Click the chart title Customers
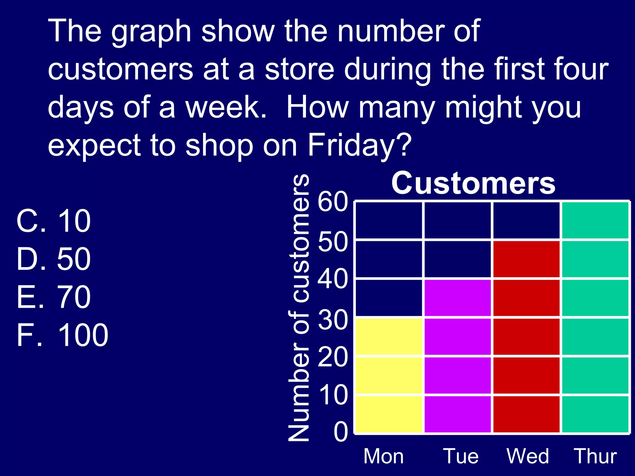click(x=473, y=183)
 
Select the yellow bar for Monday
click(x=389, y=375)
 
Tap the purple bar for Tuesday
click(x=458, y=356)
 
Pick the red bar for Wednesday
click(x=526, y=336)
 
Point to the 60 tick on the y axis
click(x=333, y=202)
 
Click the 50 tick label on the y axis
click(x=333, y=242)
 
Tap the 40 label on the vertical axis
click(x=333, y=279)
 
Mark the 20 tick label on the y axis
click(x=333, y=357)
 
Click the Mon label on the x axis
click(x=384, y=456)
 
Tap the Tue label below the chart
click(x=461, y=456)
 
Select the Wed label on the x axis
click(x=528, y=456)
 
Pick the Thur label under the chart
click(x=595, y=456)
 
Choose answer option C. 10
click(x=54, y=221)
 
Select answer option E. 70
click(x=54, y=297)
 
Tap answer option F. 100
click(x=62, y=335)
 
